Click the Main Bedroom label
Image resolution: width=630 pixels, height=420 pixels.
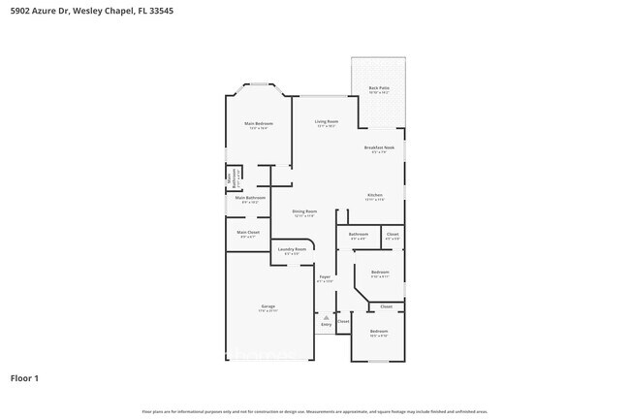(x=258, y=124)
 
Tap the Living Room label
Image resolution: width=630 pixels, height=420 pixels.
(x=325, y=123)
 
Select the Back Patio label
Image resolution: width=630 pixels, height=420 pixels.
(x=378, y=88)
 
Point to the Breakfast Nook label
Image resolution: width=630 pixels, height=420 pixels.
(x=379, y=147)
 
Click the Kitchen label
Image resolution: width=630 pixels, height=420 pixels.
(x=375, y=196)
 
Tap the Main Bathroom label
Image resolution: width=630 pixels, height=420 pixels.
(x=250, y=198)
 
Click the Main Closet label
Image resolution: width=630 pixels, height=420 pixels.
(x=248, y=232)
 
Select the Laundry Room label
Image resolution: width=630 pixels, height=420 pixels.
(x=292, y=249)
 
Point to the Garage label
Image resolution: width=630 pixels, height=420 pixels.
(x=268, y=307)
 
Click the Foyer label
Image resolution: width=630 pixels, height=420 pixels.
(x=326, y=277)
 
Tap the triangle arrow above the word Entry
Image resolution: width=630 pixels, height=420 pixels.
(x=326, y=317)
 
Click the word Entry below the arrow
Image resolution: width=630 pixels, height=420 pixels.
(x=326, y=324)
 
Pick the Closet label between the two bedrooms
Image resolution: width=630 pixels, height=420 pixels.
(x=386, y=306)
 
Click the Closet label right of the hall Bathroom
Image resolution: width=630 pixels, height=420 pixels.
(x=392, y=234)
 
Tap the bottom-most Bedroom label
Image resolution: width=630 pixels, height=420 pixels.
(x=378, y=332)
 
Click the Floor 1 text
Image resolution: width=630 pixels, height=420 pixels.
(x=24, y=377)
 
